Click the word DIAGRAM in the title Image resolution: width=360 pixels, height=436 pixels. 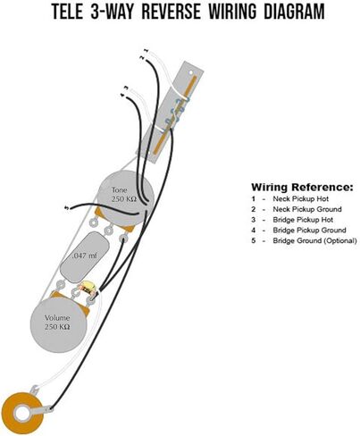tap(295, 12)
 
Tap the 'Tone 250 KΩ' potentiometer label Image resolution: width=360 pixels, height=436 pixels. tap(123, 195)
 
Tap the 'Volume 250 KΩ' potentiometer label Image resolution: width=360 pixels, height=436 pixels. tap(57, 323)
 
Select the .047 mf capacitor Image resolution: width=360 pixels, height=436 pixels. tap(84, 256)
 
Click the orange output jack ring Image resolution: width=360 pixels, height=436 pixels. tap(22, 413)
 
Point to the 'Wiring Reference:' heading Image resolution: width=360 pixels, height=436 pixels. tap(302, 188)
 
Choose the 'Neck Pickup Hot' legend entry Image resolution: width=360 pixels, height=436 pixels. tap(301, 198)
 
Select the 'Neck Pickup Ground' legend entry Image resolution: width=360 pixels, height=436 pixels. tap(307, 209)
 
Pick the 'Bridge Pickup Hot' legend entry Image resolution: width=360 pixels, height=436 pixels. tap(303, 220)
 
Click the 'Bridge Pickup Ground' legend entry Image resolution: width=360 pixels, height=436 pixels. tap(309, 231)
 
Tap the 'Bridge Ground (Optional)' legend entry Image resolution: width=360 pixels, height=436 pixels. tap(314, 240)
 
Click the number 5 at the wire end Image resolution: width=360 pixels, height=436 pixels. tap(67, 207)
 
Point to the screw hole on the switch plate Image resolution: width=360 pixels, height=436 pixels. tap(190, 72)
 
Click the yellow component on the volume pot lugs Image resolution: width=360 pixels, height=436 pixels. tap(88, 288)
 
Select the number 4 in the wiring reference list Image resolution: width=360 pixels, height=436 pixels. tap(254, 231)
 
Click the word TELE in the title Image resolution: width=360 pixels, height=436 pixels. tap(68, 12)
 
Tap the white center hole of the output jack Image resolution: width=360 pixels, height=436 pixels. tap(22, 413)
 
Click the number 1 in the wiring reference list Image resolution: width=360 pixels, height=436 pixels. tap(254, 198)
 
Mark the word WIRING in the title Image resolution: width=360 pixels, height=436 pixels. tap(232, 12)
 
